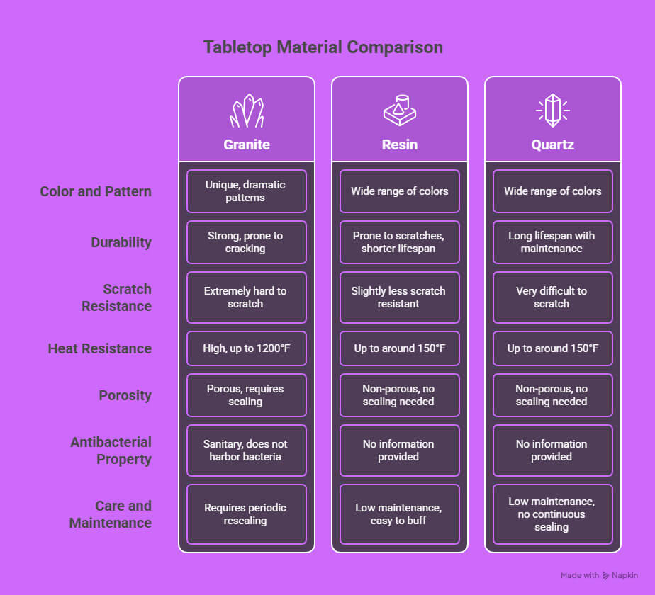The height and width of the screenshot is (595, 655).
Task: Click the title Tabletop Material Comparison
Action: (323, 47)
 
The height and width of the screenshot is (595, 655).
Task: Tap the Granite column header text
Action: (247, 144)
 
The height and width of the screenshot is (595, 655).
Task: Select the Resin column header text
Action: (399, 144)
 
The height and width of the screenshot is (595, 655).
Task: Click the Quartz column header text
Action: (552, 144)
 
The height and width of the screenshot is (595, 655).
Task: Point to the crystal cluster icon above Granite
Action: (247, 110)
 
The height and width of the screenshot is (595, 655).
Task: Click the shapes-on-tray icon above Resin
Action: (399, 110)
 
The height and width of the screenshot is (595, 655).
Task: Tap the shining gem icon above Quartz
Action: (553, 110)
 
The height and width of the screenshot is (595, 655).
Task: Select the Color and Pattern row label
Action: (96, 191)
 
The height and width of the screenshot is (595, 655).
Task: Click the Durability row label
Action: (121, 242)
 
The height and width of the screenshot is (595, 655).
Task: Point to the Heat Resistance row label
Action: (99, 348)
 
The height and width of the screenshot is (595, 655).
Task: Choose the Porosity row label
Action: (125, 395)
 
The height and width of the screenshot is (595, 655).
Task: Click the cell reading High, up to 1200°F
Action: (247, 348)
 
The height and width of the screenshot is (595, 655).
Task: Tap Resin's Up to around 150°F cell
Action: (399, 348)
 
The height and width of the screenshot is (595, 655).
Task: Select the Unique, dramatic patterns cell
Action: (247, 191)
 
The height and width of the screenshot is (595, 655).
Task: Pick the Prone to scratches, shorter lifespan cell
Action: (399, 242)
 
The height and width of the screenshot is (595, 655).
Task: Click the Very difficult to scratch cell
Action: (553, 297)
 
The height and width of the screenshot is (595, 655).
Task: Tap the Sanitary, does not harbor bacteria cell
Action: (247, 450)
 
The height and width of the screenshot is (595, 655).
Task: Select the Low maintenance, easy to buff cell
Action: (399, 514)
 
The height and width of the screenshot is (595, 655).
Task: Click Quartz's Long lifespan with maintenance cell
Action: (553, 242)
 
